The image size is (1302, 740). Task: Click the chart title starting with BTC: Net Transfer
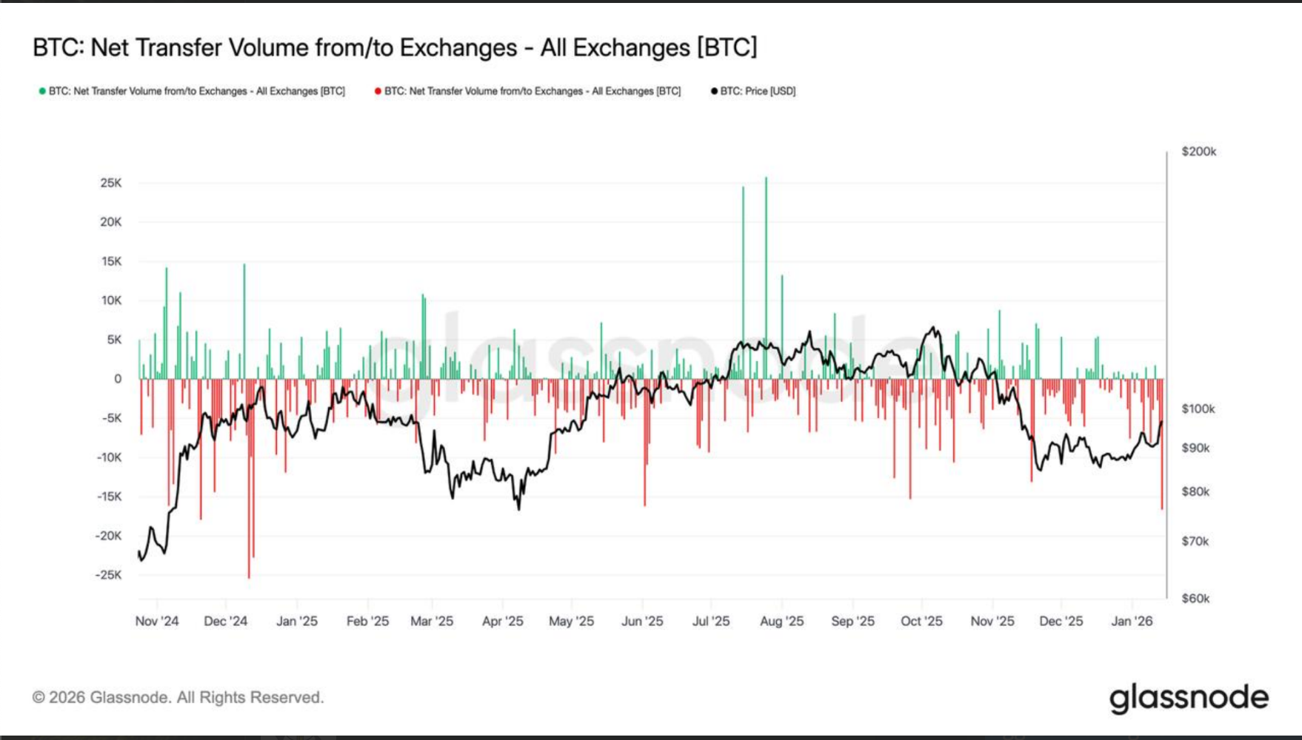point(395,48)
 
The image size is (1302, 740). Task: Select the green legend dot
point(42,91)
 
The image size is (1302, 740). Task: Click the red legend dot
point(378,91)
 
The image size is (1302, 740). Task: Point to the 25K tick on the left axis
point(111,183)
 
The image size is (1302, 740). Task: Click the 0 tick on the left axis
point(118,379)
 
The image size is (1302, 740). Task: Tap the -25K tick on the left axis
point(109,575)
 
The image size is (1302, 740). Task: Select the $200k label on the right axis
point(1198,152)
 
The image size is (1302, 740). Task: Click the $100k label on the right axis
point(1198,408)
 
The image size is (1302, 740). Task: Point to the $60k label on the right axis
point(1195,598)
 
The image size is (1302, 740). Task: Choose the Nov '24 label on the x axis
point(157,622)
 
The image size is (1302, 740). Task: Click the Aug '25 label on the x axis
point(781,622)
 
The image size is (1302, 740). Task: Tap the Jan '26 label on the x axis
point(1132,622)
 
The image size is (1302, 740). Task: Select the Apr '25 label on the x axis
point(503,622)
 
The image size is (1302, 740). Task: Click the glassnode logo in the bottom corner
point(1189,698)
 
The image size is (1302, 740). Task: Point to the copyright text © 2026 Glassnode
point(178,698)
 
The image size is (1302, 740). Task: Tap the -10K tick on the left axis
point(109,457)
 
